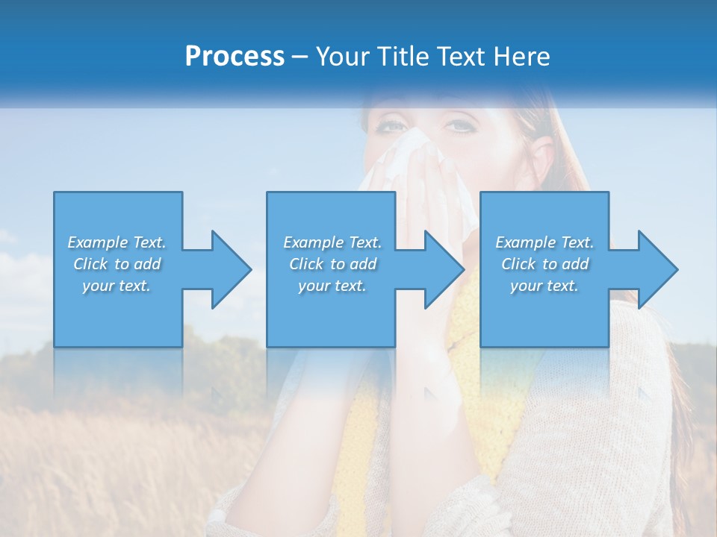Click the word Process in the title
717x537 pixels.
235,57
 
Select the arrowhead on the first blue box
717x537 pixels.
229,269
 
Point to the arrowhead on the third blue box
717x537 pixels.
655,269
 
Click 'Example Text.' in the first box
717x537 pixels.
117,242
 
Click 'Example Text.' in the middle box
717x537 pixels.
332,242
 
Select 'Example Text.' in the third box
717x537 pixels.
544,242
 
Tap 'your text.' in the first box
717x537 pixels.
117,286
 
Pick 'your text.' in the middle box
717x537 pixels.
332,286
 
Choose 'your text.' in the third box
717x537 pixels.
544,286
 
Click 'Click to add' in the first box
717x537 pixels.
117,264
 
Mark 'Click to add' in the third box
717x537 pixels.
544,264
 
